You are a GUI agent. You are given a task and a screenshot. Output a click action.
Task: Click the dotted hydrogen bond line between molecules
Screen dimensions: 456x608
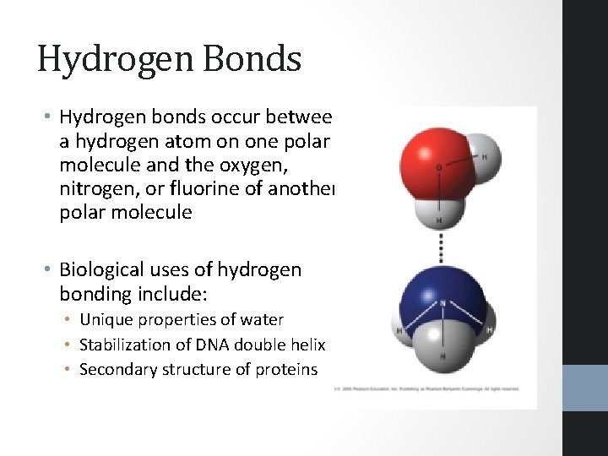440,245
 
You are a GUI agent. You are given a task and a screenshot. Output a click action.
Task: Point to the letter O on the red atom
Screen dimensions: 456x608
437,168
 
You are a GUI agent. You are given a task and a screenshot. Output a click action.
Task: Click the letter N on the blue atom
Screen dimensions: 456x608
442,302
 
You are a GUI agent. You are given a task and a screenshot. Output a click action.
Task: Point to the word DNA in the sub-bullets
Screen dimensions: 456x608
211,345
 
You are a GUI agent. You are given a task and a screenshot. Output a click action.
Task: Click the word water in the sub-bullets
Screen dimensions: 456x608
262,320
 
